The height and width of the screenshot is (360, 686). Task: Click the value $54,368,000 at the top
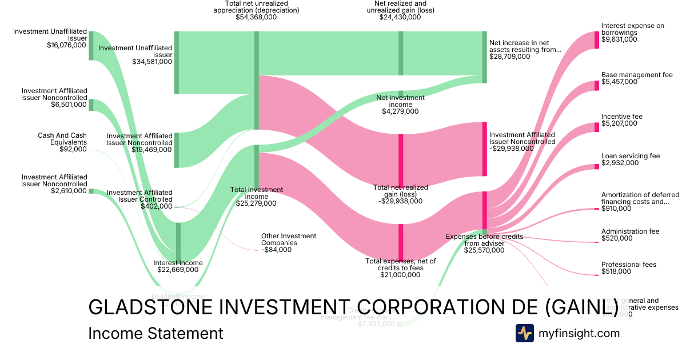pos(256,17)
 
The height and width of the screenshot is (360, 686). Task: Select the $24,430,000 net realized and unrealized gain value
pos(400,17)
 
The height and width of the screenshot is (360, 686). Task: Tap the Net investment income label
pos(400,101)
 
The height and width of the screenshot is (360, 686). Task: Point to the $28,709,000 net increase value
pos(510,57)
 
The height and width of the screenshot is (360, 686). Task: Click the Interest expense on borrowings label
pos(633,29)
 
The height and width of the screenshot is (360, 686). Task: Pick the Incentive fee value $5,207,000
pos(619,123)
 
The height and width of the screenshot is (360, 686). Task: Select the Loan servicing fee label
pos(631,156)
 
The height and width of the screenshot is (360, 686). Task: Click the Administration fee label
pos(630,231)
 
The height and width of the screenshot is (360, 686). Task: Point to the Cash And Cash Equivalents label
pos(62,139)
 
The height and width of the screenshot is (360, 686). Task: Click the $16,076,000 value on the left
pos(67,45)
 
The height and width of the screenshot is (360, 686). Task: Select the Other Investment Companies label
pos(289,239)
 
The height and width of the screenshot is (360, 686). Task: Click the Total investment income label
pos(256,193)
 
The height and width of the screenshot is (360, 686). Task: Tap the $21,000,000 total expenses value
pos(400,275)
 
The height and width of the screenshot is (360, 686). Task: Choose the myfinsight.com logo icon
pos(524,333)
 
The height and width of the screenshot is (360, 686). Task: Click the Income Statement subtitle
pos(155,334)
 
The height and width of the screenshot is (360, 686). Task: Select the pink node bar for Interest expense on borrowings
pos(597,39)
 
